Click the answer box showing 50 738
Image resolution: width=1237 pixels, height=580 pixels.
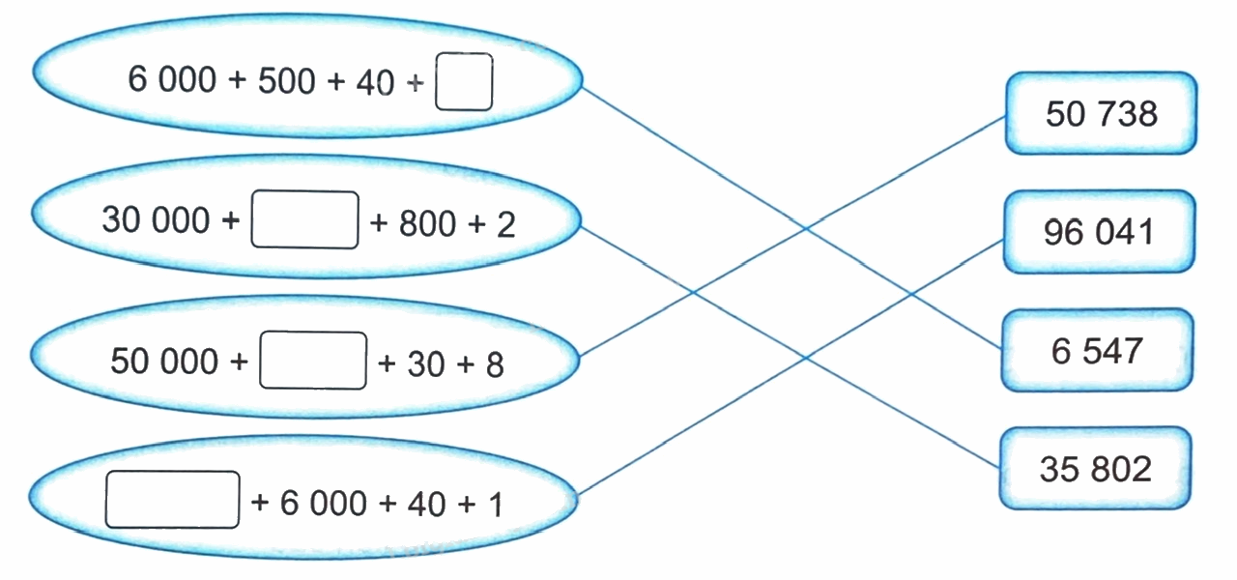coord(1101,114)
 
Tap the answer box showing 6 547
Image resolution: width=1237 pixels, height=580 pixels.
coord(1097,351)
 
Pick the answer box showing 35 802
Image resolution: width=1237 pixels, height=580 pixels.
coord(1096,469)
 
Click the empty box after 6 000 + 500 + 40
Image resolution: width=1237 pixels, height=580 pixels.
coord(464,82)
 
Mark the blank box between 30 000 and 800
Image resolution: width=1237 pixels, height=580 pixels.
coord(304,221)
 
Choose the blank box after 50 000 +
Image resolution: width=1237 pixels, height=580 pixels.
coord(314,361)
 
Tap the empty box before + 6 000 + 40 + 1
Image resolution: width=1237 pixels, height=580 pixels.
coord(172,500)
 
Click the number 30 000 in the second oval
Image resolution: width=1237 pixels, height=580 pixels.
coord(156,220)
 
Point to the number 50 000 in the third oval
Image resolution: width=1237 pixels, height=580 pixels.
coord(164,362)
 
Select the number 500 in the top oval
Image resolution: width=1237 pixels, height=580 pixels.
coord(287,81)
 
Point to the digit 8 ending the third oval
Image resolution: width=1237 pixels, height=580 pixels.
coord(494,364)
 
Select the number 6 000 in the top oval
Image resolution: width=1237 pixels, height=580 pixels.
coord(172,79)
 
